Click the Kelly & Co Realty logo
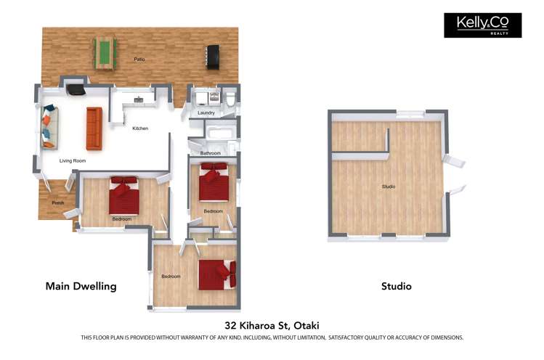(x=482, y=25)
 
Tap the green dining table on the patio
(x=105, y=53)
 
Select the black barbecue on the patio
(x=212, y=57)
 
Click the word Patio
(x=139, y=59)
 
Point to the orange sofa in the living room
(x=94, y=128)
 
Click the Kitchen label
(x=140, y=128)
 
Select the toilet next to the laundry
(x=230, y=99)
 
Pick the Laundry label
(x=205, y=113)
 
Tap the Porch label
(x=58, y=202)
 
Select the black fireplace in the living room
(x=75, y=90)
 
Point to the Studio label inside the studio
(x=389, y=187)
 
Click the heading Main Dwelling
(x=81, y=286)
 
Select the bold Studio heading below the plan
(x=396, y=286)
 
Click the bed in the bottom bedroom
(x=216, y=274)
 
